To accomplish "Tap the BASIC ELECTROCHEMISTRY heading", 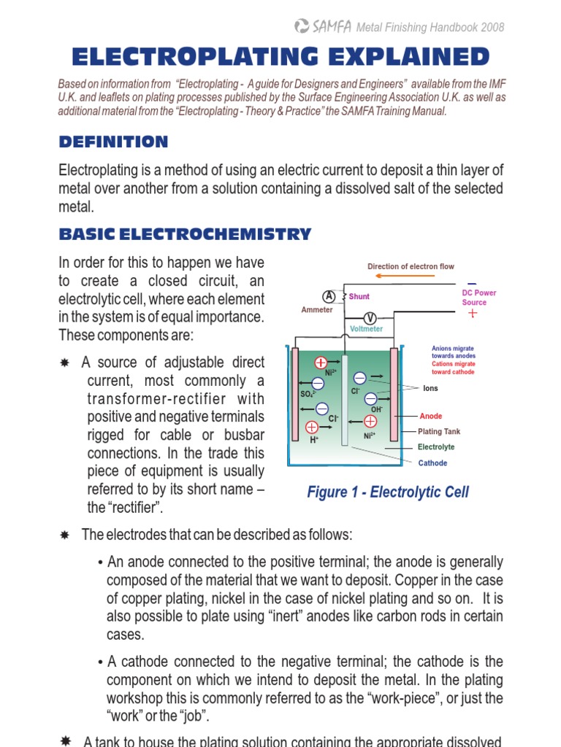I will [x=185, y=234].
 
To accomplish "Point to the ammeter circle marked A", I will [x=329, y=296].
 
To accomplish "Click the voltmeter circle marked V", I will [x=370, y=318].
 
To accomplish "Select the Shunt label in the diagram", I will [x=359, y=297].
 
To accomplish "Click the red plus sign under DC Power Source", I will [x=473, y=314].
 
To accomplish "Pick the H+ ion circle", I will [x=313, y=427].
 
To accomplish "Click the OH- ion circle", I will [x=371, y=398].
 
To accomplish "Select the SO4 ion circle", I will [x=318, y=383].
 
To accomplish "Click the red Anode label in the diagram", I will [x=431, y=417].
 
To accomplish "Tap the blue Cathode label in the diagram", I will [x=432, y=463].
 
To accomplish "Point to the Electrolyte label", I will [x=436, y=447].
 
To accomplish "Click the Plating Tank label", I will [x=439, y=432].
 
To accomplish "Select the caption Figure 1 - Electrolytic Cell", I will [x=388, y=492].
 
